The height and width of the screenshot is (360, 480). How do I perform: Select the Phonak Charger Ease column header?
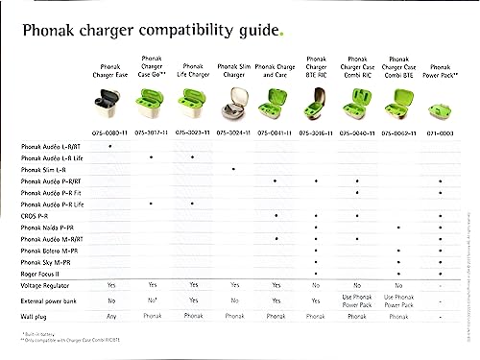tap(111, 68)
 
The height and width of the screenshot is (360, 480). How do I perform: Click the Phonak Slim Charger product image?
tap(234, 101)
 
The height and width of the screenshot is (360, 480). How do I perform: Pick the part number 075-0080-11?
tap(111, 130)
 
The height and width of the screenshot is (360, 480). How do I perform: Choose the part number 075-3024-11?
tap(234, 130)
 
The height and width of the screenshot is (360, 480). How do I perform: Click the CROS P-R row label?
tap(39, 215)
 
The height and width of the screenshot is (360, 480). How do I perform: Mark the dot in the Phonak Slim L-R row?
tap(234, 168)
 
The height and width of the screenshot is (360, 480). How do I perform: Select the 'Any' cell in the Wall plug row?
tap(111, 315)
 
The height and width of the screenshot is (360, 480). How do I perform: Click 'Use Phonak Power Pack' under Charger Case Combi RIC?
tap(357, 300)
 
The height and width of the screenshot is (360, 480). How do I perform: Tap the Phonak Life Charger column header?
tap(193, 68)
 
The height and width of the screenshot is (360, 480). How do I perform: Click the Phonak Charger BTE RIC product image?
tap(316, 101)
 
